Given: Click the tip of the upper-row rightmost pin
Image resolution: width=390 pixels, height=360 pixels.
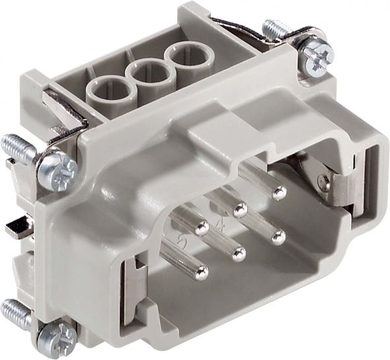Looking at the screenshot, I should coord(280,193).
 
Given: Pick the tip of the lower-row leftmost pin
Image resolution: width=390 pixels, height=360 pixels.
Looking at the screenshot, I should coord(200,271).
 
